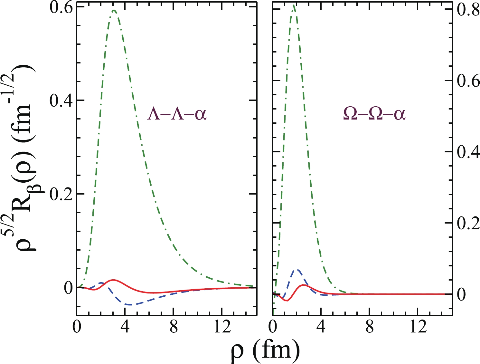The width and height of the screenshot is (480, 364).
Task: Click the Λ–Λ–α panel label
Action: [x=177, y=114]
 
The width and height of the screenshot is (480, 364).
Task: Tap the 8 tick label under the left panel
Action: [x=173, y=327]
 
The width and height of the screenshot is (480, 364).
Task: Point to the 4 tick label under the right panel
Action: [x=321, y=327]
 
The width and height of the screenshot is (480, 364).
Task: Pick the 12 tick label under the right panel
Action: [x=418, y=327]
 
